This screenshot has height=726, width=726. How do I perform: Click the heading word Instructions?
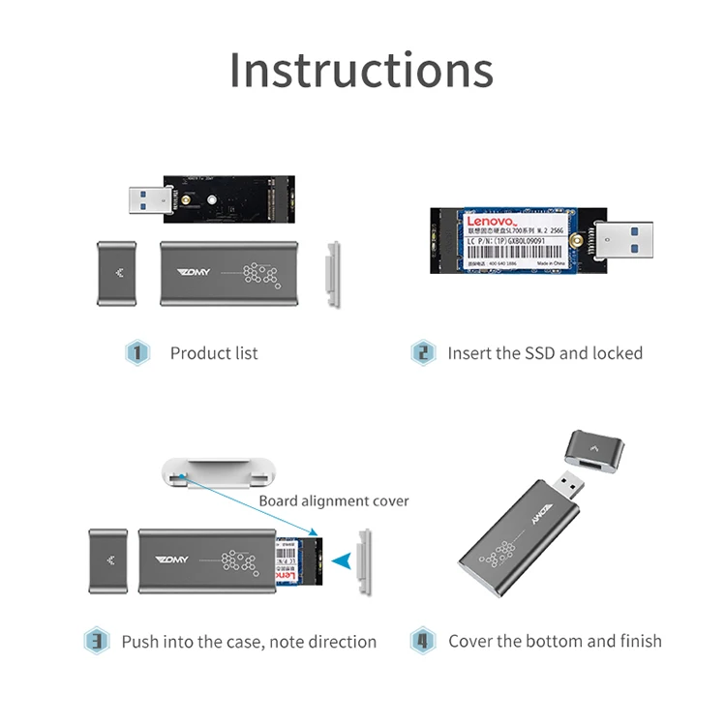point(361,70)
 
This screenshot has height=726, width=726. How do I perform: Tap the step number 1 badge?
point(137,352)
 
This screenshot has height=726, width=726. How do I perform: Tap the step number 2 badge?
point(423,352)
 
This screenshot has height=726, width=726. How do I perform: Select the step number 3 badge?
point(96,641)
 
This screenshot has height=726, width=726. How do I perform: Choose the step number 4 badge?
point(422,641)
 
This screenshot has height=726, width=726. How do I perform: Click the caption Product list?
point(214,353)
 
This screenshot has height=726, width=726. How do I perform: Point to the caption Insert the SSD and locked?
point(545,353)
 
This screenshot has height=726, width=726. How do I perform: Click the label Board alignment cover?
point(334,501)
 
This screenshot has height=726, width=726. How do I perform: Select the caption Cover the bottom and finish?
point(555,641)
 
